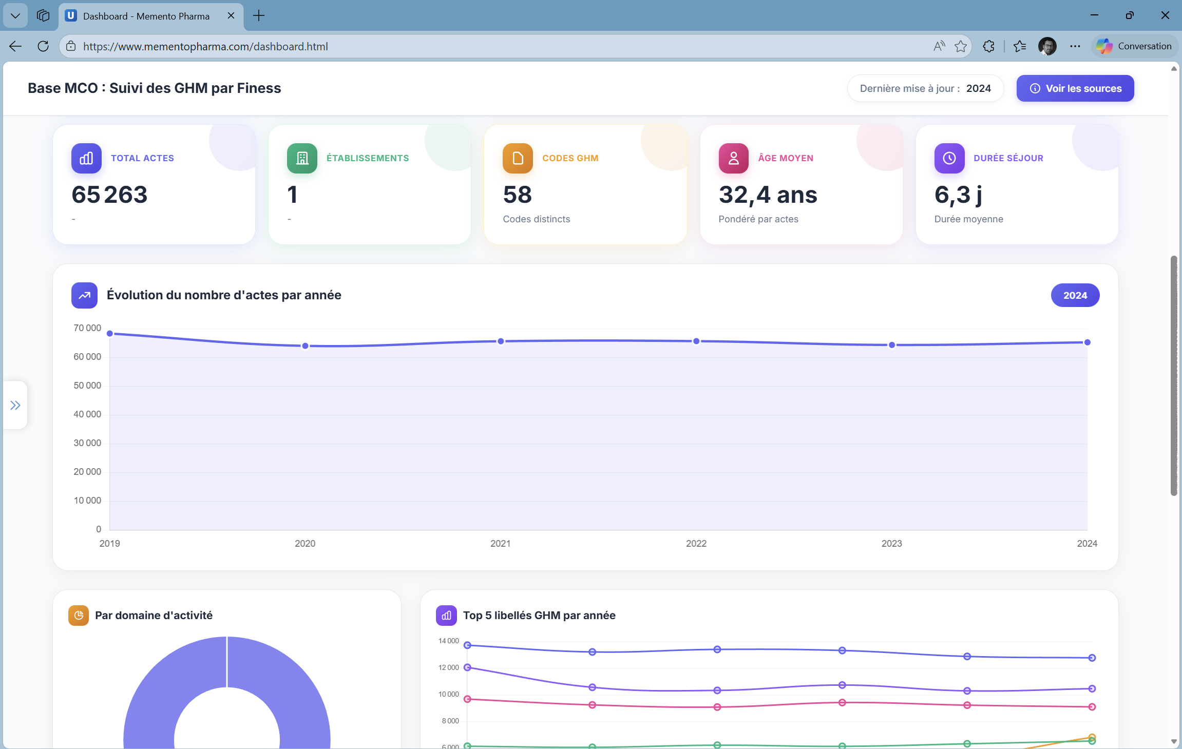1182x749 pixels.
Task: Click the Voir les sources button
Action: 1075,88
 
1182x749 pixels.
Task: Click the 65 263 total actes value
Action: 109,195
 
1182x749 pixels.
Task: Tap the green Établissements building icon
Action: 302,158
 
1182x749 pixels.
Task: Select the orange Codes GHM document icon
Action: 518,158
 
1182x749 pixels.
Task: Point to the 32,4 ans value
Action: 768,195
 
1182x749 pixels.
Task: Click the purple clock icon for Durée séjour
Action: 949,158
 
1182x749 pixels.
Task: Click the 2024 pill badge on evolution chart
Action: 1075,295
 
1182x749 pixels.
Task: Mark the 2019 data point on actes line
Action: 110,334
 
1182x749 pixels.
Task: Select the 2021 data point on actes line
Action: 501,341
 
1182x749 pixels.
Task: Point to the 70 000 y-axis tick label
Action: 87,328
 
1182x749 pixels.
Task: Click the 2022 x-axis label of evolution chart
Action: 696,543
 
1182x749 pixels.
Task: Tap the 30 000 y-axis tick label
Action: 87,443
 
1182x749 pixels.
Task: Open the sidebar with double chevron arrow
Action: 15,406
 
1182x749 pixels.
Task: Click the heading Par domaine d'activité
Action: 154,615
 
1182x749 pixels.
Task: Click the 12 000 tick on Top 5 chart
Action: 448,667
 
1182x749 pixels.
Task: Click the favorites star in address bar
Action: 960,46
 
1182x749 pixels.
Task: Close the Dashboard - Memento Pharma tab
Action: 231,16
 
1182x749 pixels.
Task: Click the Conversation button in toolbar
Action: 1135,46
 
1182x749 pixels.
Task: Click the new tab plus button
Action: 259,16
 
